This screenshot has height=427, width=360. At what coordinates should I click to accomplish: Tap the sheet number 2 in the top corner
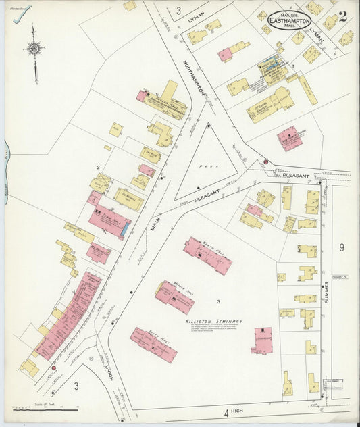point(343,17)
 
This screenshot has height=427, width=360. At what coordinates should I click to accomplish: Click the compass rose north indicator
point(33,48)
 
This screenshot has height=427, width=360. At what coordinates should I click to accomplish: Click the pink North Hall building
point(207,255)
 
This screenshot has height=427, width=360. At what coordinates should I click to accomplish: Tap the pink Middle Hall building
point(175,297)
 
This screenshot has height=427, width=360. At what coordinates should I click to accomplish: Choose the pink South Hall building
point(153,345)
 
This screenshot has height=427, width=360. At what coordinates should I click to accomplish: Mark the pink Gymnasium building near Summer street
point(262,341)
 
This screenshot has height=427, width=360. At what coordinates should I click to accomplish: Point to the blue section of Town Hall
point(125,230)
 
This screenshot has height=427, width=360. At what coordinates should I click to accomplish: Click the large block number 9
point(342,247)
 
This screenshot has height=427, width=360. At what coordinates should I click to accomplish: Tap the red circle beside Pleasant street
point(266,162)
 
